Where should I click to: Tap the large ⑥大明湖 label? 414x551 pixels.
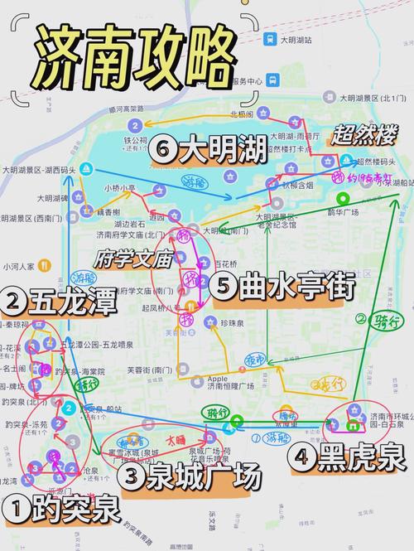pyautogui.click(x=210, y=150)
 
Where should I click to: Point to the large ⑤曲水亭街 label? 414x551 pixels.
pyautogui.click(x=282, y=288)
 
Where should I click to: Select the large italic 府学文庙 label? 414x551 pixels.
pyautogui.click(x=133, y=259)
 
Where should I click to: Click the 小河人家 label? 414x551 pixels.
pyautogui.click(x=18, y=267)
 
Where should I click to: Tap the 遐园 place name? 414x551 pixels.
pyautogui.click(x=156, y=217)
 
